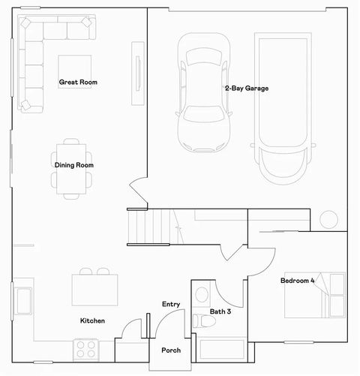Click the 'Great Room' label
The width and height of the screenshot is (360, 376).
coord(79,82)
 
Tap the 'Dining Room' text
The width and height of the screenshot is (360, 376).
coord(73,165)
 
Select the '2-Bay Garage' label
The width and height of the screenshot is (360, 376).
coord(246,88)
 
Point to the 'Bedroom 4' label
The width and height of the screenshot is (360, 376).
coord(298,281)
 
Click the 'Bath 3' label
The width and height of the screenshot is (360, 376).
coord(220,311)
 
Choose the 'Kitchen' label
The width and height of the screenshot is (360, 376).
coord(92,320)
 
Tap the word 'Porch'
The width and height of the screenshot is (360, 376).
coord(171,350)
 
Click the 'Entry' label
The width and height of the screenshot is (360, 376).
coord(171,304)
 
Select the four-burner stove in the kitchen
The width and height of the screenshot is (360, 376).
coord(86,349)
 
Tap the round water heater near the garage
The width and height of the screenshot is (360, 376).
coord(328,220)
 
